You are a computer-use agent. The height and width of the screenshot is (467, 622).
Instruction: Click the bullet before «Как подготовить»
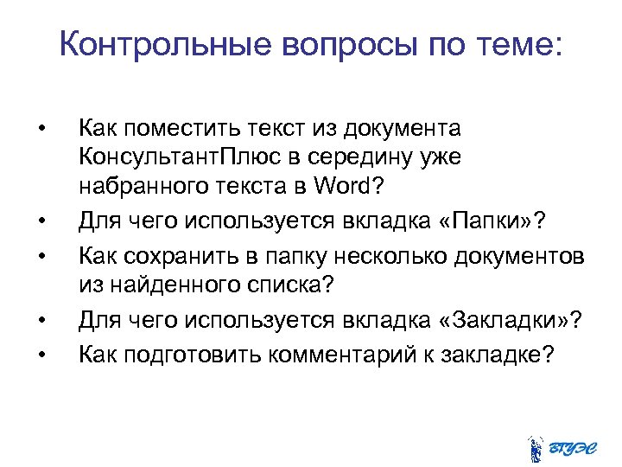pos(41,355)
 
